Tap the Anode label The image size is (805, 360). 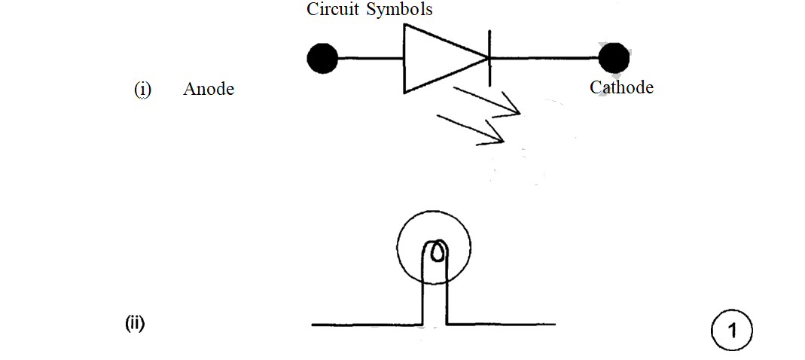point(209,89)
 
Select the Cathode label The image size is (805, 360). point(621,87)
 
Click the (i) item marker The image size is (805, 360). point(142,89)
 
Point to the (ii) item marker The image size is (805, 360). point(135,325)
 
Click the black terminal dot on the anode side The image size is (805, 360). point(323,58)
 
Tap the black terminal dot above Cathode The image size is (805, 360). point(614,58)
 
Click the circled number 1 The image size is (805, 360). point(731,331)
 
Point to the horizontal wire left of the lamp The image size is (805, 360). point(365,325)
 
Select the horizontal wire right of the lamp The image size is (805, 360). point(501,325)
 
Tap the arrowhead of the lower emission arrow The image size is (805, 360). point(498,138)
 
